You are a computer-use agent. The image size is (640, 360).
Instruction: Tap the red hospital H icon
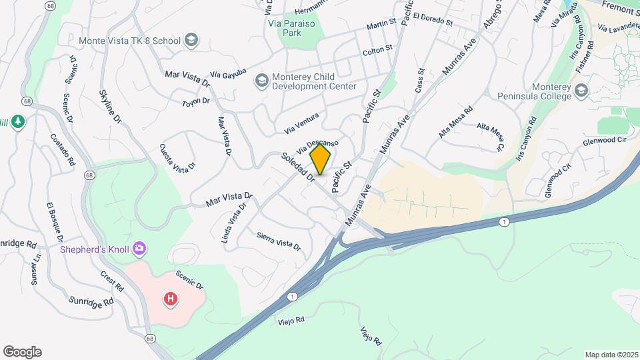pos(171,299)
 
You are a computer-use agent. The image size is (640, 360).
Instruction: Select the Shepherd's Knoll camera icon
pos(140,249)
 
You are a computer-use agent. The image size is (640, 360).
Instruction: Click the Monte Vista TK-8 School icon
pos(192,41)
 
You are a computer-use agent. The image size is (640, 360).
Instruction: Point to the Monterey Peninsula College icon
pos(581,90)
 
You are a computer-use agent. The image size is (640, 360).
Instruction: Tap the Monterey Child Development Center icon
pos(261,81)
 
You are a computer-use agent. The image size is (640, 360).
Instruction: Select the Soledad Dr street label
pos(298,166)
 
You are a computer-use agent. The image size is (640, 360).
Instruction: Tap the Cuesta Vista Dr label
pos(177,157)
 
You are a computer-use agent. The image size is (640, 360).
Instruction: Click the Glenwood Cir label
pos(605,141)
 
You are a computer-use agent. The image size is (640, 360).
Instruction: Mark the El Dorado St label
pos(433,19)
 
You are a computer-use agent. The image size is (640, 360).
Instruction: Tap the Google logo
pos(22,352)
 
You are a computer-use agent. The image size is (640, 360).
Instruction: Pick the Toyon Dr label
pos(196,102)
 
